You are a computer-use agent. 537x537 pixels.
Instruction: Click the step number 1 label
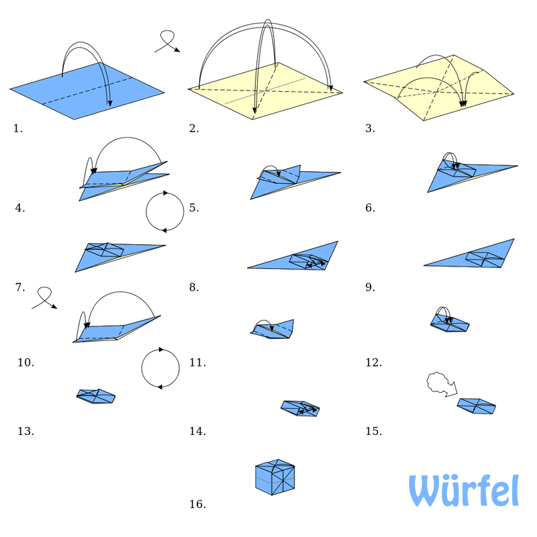click(18, 128)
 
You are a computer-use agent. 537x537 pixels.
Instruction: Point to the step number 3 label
click(370, 128)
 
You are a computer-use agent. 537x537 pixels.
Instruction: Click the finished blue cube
click(275, 478)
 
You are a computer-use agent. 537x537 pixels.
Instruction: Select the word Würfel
click(464, 491)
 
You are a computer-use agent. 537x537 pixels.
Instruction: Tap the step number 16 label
click(197, 504)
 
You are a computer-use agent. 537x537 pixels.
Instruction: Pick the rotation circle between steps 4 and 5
click(165, 211)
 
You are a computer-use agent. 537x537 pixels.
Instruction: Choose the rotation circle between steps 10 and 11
click(160, 368)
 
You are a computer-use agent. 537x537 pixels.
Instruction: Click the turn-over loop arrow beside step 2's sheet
click(167, 42)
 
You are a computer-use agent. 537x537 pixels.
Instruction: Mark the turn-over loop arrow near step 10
click(44, 297)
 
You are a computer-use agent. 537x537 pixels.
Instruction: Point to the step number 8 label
click(194, 287)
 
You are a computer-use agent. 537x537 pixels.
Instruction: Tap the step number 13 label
click(26, 431)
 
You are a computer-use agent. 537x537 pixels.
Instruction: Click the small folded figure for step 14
click(300, 407)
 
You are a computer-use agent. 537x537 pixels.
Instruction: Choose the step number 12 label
click(373, 362)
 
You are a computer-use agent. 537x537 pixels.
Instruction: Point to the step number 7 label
click(20, 287)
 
